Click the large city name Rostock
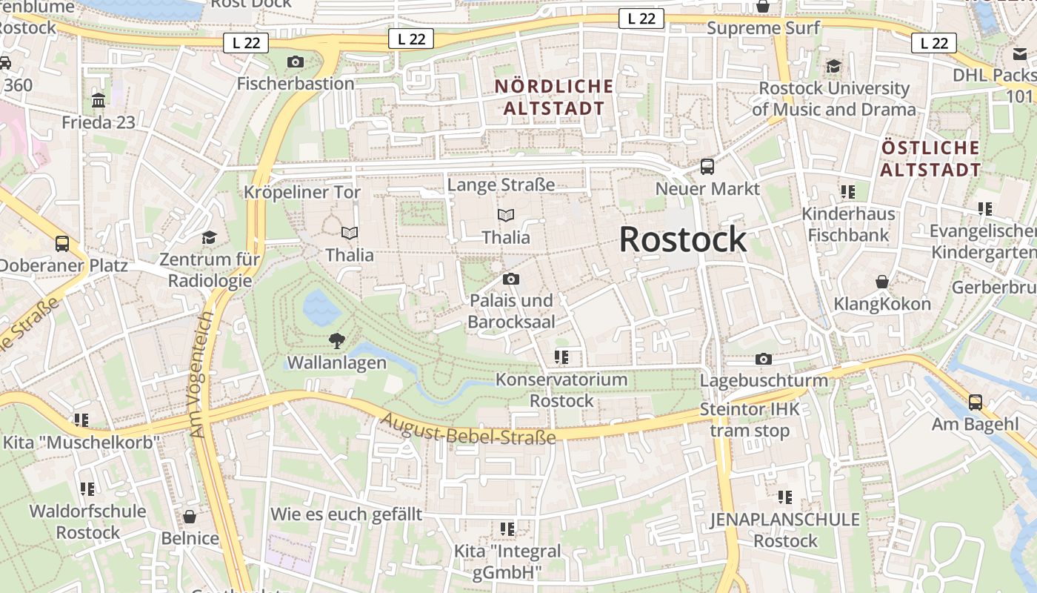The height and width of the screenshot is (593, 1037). pos(683,239)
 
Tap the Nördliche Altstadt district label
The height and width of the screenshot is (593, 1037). pos(554,97)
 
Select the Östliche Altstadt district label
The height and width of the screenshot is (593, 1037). pos(931,158)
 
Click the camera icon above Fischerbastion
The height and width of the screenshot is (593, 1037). pos(296,62)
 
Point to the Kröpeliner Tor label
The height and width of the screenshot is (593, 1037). pos(302,193)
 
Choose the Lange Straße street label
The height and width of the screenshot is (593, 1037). pos(501,185)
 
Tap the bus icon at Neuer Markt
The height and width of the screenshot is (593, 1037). pos(707,166)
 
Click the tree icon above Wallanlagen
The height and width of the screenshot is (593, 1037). pos(337,341)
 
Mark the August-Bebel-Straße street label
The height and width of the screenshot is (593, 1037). pos(467,429)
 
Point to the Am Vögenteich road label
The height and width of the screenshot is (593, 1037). pos(202,374)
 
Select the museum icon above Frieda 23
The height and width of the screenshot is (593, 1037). pos(99,100)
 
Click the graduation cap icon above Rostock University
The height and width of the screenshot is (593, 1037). pos(834,67)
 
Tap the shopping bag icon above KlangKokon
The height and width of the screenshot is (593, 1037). pos(882,282)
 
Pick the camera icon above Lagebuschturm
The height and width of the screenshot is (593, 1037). pos(764,360)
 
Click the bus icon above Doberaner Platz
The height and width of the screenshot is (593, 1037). pos(62,243)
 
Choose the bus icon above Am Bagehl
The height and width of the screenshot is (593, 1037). pos(976,402)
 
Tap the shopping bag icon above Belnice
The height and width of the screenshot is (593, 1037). pos(190,517)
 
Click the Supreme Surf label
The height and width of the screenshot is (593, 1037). pos(764,28)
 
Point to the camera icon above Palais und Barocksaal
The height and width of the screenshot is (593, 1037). pos(510,279)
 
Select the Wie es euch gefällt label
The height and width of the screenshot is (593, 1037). pos(346,514)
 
